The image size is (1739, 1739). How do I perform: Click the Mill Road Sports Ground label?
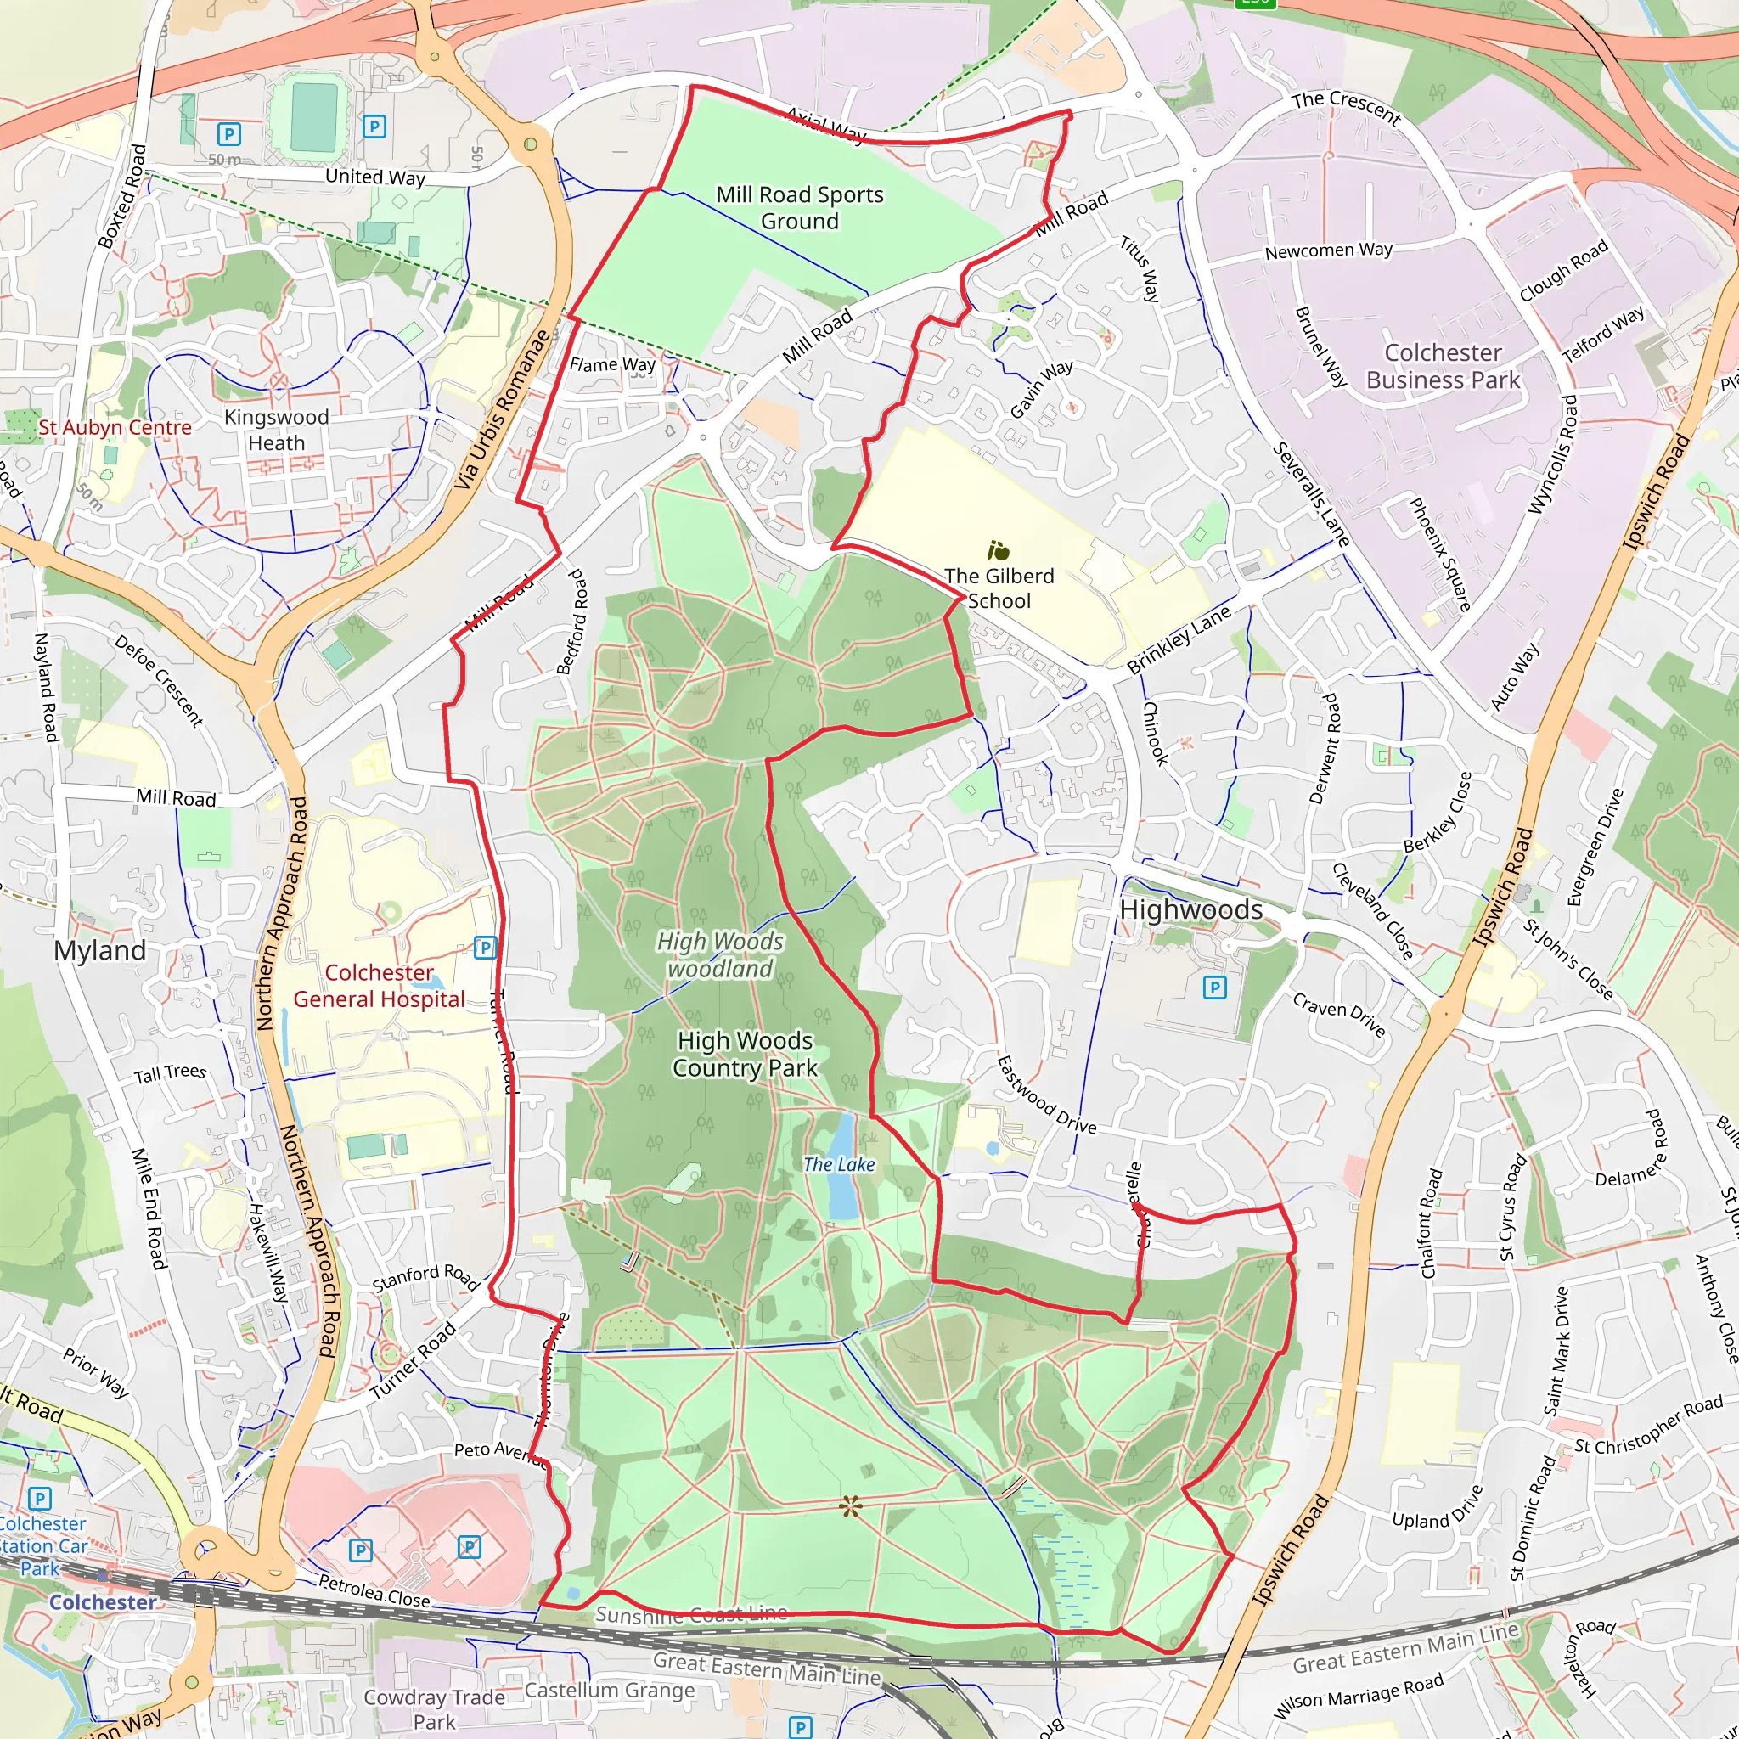[x=799, y=208]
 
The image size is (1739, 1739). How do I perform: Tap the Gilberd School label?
[x=999, y=588]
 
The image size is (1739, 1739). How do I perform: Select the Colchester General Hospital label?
[x=379, y=986]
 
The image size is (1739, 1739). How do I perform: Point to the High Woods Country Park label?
[x=745, y=1054]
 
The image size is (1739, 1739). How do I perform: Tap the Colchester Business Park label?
[x=1442, y=366]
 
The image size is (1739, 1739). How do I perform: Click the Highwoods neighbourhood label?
[x=1190, y=910]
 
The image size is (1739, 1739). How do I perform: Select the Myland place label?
[x=99, y=950]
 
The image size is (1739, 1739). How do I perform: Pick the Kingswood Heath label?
[x=276, y=431]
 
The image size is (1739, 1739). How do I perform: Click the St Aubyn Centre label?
[x=115, y=428]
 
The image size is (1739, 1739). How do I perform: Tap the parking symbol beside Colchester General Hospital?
[x=485, y=947]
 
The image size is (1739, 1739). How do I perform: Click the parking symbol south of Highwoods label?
[x=1214, y=988]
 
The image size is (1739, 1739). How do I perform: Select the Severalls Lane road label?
[x=1309, y=495]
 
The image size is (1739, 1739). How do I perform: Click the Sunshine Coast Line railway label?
[x=690, y=1614]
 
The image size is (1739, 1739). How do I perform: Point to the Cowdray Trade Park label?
[x=434, y=1708]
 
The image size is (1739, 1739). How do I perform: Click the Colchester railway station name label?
[x=103, y=1602]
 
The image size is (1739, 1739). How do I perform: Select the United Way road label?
[x=374, y=177]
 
